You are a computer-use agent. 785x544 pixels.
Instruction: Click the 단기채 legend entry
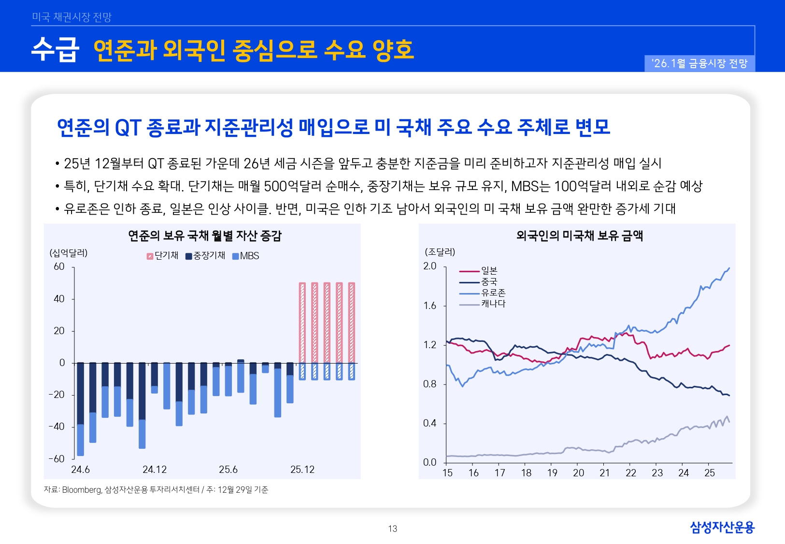[x=163, y=256]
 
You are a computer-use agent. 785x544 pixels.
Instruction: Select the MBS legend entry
[x=246, y=256]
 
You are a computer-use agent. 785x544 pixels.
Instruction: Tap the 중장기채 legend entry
[x=206, y=256]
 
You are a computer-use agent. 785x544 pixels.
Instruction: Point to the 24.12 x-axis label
[x=154, y=470]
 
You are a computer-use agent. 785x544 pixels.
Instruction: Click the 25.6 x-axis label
[x=228, y=470]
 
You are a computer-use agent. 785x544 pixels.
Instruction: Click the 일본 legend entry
[x=489, y=271]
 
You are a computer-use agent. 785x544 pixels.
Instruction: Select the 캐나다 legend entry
[x=493, y=304]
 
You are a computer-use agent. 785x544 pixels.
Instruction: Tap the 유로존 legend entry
[x=493, y=293]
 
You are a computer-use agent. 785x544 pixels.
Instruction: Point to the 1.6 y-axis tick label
[x=429, y=306]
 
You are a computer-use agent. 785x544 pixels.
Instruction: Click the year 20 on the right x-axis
[x=578, y=473]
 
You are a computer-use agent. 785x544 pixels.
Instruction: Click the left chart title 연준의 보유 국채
[x=204, y=235]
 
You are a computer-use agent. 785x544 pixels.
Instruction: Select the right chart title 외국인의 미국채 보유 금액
[x=579, y=235]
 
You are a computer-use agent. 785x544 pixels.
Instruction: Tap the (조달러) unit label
[x=440, y=252]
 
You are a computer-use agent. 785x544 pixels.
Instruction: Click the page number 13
[x=392, y=529]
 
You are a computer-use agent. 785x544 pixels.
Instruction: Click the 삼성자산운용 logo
[x=722, y=527]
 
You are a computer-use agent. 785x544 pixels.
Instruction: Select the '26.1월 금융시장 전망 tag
[x=699, y=63]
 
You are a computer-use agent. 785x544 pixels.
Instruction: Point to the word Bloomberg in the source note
[x=82, y=490]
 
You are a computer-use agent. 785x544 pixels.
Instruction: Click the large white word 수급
[x=55, y=49]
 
